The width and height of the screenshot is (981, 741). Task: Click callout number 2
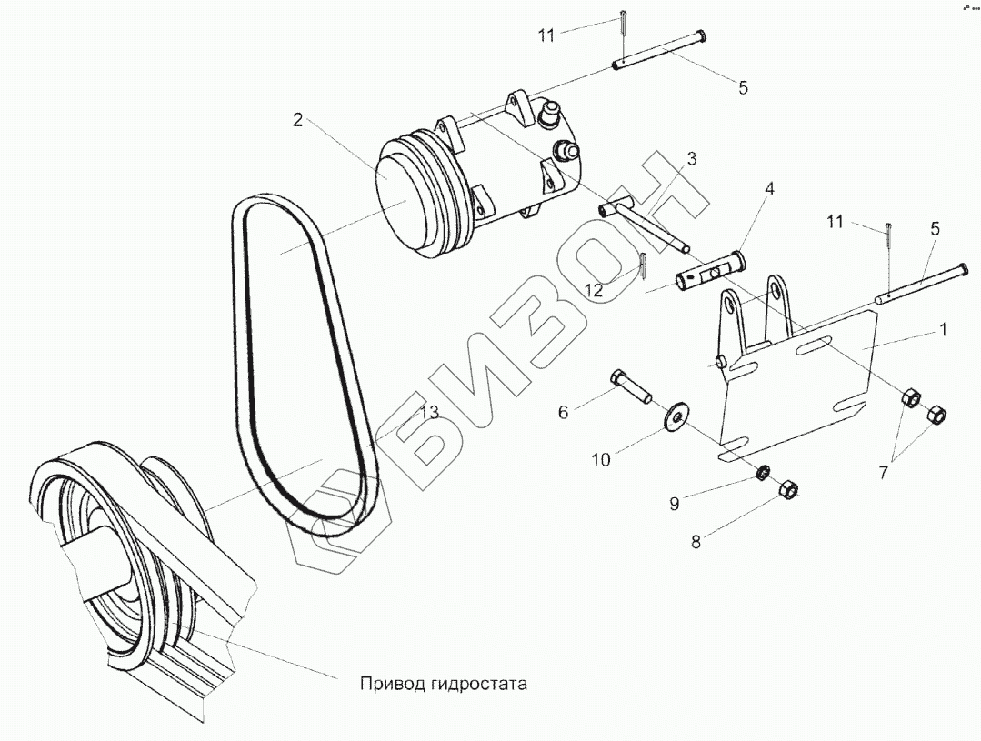pos(296,119)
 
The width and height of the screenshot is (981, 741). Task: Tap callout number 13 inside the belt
pos(429,413)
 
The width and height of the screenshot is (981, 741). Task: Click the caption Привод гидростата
pos(444,682)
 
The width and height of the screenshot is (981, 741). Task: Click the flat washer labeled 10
pos(676,416)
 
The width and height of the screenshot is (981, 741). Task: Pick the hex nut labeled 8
pos(789,491)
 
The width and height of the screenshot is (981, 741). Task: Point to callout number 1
pos(943,331)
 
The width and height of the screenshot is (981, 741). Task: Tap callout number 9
pos(675,503)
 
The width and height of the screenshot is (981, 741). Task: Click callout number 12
pos(594,291)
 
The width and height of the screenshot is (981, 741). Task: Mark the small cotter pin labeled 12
pos(644,266)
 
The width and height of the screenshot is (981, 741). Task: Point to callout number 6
pos(563,412)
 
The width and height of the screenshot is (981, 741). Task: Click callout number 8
pos(696,542)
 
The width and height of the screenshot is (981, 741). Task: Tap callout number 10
pos(600,460)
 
